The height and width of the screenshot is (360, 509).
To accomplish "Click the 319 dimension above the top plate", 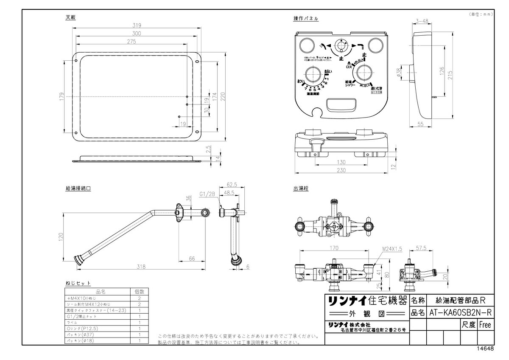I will pos(137,25).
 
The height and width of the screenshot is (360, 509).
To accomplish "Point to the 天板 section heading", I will pos(71,18).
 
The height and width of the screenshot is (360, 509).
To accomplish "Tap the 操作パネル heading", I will pos(305,19).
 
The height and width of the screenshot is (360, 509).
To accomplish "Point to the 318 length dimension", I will pos(141,267).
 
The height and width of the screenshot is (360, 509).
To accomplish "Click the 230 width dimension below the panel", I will pos(342,170).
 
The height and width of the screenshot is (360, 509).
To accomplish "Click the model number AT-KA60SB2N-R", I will pos(460,313).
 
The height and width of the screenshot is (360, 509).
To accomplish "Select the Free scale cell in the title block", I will pos(484,325).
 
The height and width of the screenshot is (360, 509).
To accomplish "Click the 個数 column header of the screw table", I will pos(140,292).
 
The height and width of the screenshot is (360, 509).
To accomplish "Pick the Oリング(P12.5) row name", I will pos(83,328).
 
